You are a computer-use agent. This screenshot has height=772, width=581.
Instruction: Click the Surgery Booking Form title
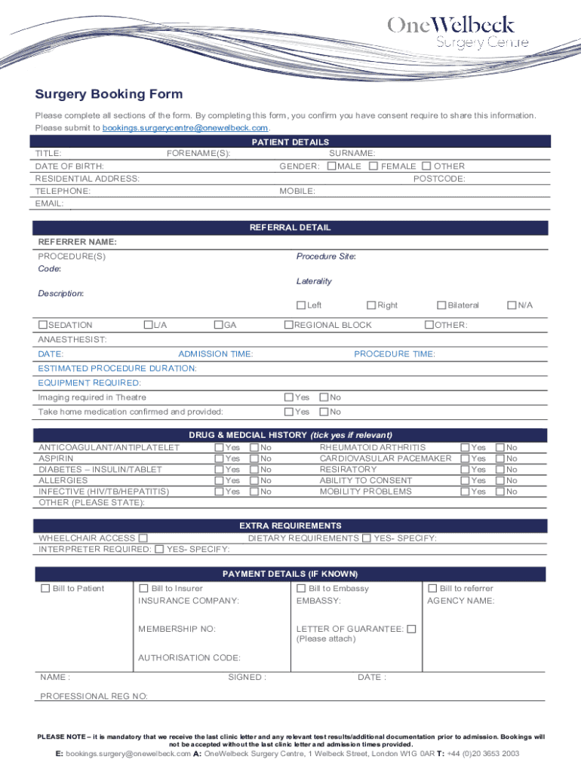tap(109, 94)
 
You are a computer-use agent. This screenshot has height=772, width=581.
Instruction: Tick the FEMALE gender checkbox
tap(373, 166)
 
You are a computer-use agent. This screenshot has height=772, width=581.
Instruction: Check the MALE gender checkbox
tap(331, 166)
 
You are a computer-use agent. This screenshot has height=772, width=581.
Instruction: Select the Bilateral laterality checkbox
tap(441, 305)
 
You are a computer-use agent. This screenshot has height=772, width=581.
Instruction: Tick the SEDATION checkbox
tap(43, 325)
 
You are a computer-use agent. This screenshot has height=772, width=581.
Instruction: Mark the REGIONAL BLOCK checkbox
tap(288, 325)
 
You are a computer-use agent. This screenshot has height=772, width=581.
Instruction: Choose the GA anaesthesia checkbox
tap(218, 325)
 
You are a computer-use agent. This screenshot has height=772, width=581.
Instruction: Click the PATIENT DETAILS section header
tap(290, 142)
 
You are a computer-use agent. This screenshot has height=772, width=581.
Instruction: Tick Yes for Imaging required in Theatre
tap(288, 397)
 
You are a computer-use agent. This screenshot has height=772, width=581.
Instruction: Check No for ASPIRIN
tap(254, 458)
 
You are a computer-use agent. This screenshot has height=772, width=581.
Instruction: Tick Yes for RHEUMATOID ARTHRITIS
tap(465, 448)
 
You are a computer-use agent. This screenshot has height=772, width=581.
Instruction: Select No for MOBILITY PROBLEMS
tap(500, 492)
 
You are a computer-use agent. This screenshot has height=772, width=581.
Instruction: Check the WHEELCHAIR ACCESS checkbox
tap(143, 538)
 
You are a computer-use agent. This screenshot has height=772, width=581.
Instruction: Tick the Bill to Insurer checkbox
tap(144, 588)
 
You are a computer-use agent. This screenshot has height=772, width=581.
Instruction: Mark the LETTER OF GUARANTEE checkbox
tap(411, 629)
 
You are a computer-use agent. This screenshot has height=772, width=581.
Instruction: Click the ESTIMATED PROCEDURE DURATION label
tap(118, 369)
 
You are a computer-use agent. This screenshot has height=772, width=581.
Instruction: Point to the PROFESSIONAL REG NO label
tap(94, 697)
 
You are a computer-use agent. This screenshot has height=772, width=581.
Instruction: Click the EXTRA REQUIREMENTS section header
tap(290, 525)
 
